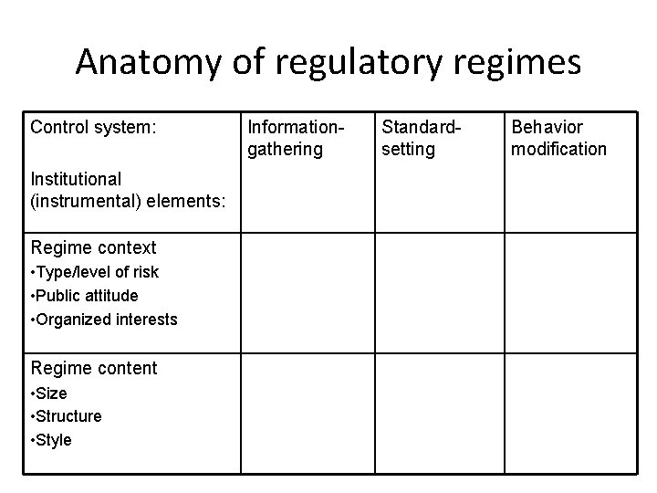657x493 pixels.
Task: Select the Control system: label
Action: click(x=93, y=127)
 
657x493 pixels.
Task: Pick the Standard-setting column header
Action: click(x=420, y=138)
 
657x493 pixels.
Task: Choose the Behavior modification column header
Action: click(x=558, y=138)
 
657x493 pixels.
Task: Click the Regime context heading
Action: click(x=93, y=247)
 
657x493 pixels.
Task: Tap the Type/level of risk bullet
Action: click(x=95, y=272)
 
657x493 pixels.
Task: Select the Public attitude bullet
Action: click(x=85, y=296)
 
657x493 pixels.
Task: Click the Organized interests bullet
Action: click(x=104, y=320)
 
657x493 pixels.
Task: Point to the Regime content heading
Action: click(x=94, y=368)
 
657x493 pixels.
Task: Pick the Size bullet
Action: click(x=49, y=393)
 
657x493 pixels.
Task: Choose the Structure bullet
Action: click(x=66, y=416)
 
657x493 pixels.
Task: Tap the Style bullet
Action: click(x=51, y=440)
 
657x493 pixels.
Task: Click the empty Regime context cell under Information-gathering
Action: click(x=308, y=292)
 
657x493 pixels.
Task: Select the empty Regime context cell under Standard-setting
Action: click(x=440, y=292)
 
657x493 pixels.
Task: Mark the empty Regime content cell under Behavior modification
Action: click(x=571, y=413)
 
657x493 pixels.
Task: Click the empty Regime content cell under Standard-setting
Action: click(x=440, y=413)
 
